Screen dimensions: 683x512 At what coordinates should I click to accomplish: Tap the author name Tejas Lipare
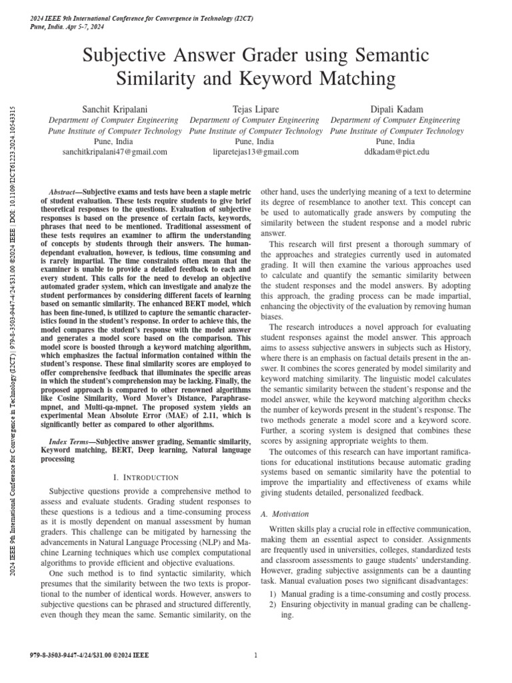(255, 109)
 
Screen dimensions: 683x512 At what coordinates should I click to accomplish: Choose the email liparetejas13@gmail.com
(255, 152)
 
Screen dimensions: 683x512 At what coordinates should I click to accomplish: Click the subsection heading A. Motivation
(284, 514)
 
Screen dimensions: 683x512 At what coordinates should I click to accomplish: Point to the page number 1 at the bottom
(256, 655)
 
